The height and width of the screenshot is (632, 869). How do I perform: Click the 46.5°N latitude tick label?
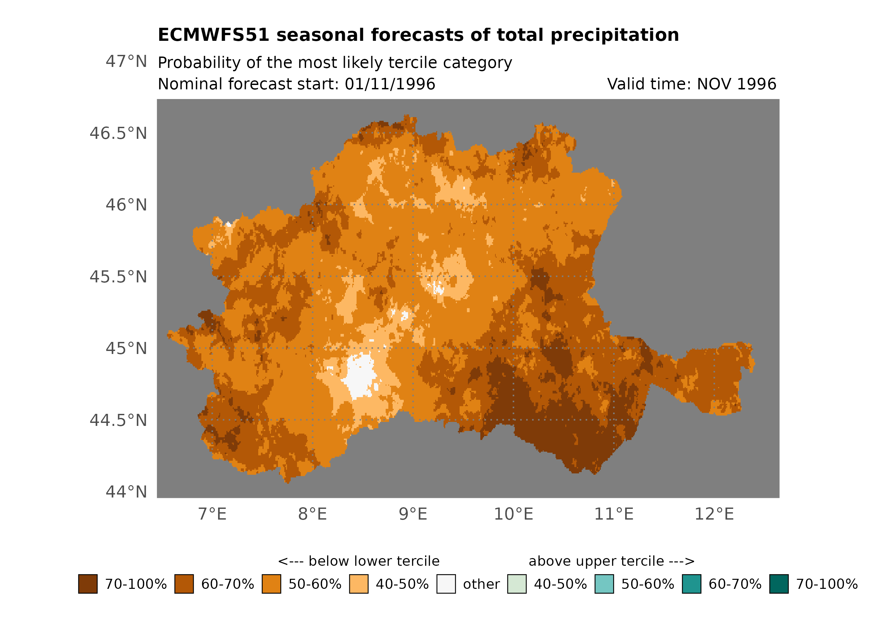tap(118, 133)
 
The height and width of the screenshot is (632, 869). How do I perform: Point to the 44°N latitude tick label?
tap(126, 492)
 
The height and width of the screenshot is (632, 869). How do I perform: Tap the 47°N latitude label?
tap(126, 61)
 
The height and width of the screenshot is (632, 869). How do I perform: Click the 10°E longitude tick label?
tap(513, 514)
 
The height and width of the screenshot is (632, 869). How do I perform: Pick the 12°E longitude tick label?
tap(714, 514)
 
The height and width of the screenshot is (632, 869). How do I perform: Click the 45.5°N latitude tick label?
tap(118, 277)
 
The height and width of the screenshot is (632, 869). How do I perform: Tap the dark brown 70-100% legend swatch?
tap(88, 584)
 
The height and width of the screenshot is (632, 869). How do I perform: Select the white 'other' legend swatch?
tap(446, 584)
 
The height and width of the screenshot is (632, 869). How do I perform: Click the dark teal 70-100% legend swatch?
tap(779, 584)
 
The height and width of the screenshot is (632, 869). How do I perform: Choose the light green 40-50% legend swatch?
tap(516, 584)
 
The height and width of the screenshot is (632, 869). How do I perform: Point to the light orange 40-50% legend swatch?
tap(359, 584)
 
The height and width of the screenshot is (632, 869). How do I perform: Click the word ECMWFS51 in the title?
tap(213, 35)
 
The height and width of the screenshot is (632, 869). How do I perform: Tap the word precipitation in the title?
tap(614, 35)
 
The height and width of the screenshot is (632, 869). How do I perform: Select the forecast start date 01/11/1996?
tap(390, 84)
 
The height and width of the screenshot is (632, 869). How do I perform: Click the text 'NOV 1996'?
tap(736, 84)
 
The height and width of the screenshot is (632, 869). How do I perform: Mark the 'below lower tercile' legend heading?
tap(359, 561)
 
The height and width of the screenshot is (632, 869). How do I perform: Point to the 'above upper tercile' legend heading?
tap(611, 561)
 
